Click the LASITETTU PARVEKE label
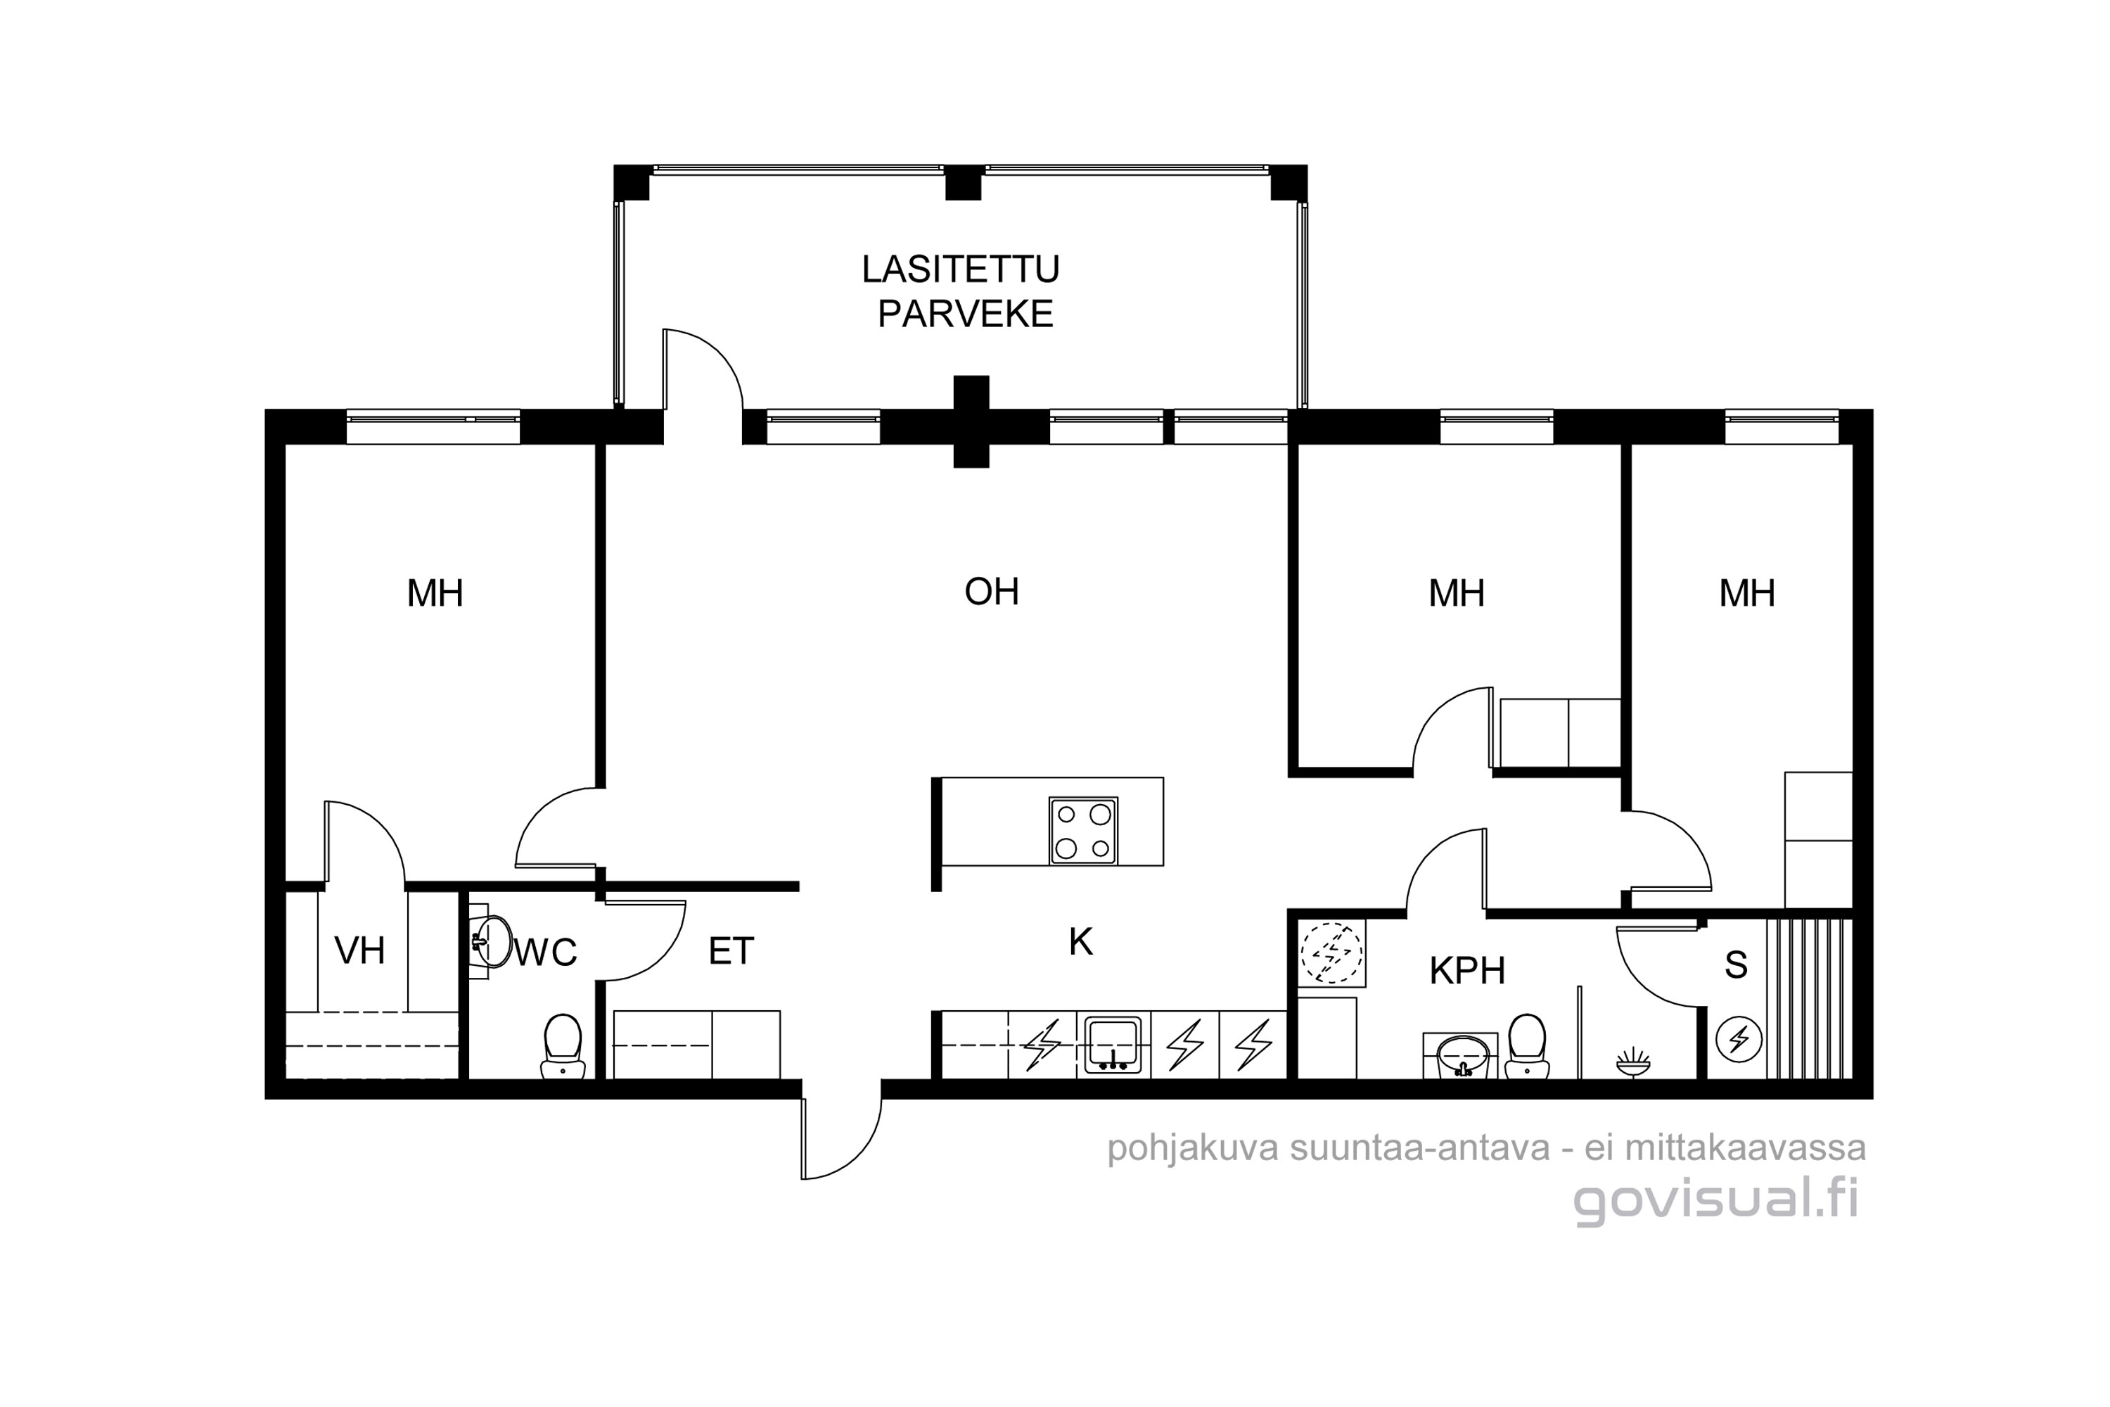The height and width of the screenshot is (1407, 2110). [961, 292]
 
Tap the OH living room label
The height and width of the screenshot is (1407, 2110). [991, 592]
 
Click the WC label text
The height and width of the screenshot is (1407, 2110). [544, 951]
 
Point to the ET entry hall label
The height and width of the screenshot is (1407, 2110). [731, 951]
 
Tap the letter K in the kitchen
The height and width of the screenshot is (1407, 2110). [1081, 942]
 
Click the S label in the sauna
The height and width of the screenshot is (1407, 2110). [1736, 965]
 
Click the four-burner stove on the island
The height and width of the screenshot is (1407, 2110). [1084, 831]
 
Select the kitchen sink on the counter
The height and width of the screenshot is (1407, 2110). [1113, 1045]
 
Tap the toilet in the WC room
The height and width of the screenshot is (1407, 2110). [563, 1045]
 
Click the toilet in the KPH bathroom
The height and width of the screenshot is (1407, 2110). [1527, 1045]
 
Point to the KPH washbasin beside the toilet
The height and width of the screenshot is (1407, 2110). [1461, 1055]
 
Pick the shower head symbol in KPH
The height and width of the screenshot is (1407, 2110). [1632, 1062]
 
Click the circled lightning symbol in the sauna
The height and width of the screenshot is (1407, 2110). [1739, 1040]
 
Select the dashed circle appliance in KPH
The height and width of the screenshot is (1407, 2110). [1331, 953]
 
